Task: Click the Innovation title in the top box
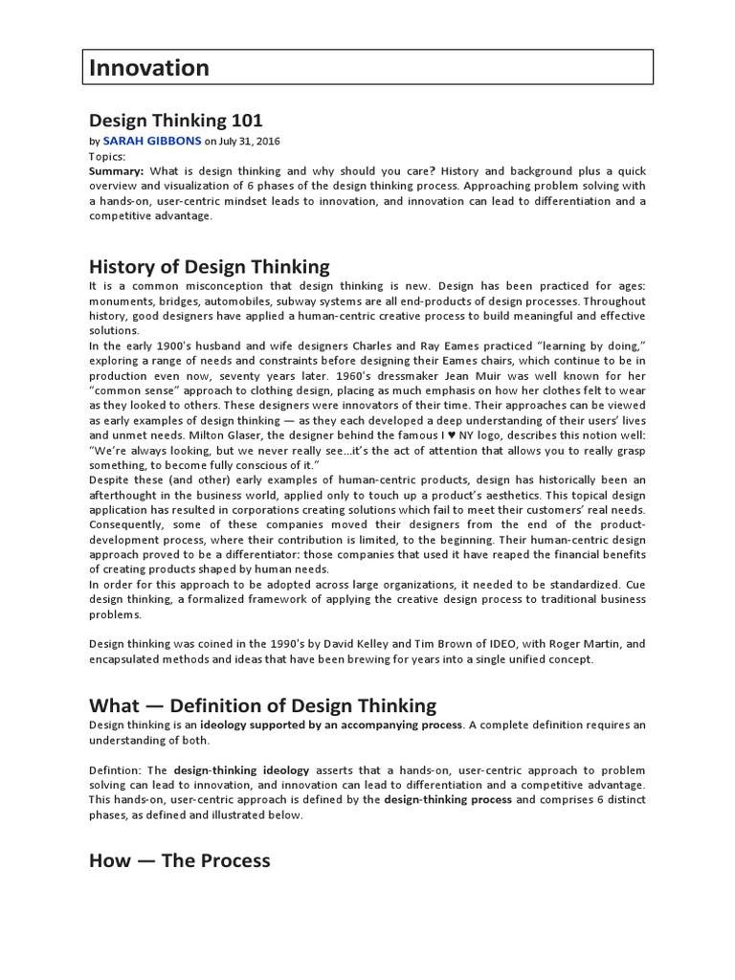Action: point(149,68)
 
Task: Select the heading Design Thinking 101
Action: point(175,121)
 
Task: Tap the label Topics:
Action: point(107,155)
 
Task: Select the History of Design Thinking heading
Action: point(209,267)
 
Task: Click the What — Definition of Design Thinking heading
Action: point(262,706)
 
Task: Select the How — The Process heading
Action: point(179,860)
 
